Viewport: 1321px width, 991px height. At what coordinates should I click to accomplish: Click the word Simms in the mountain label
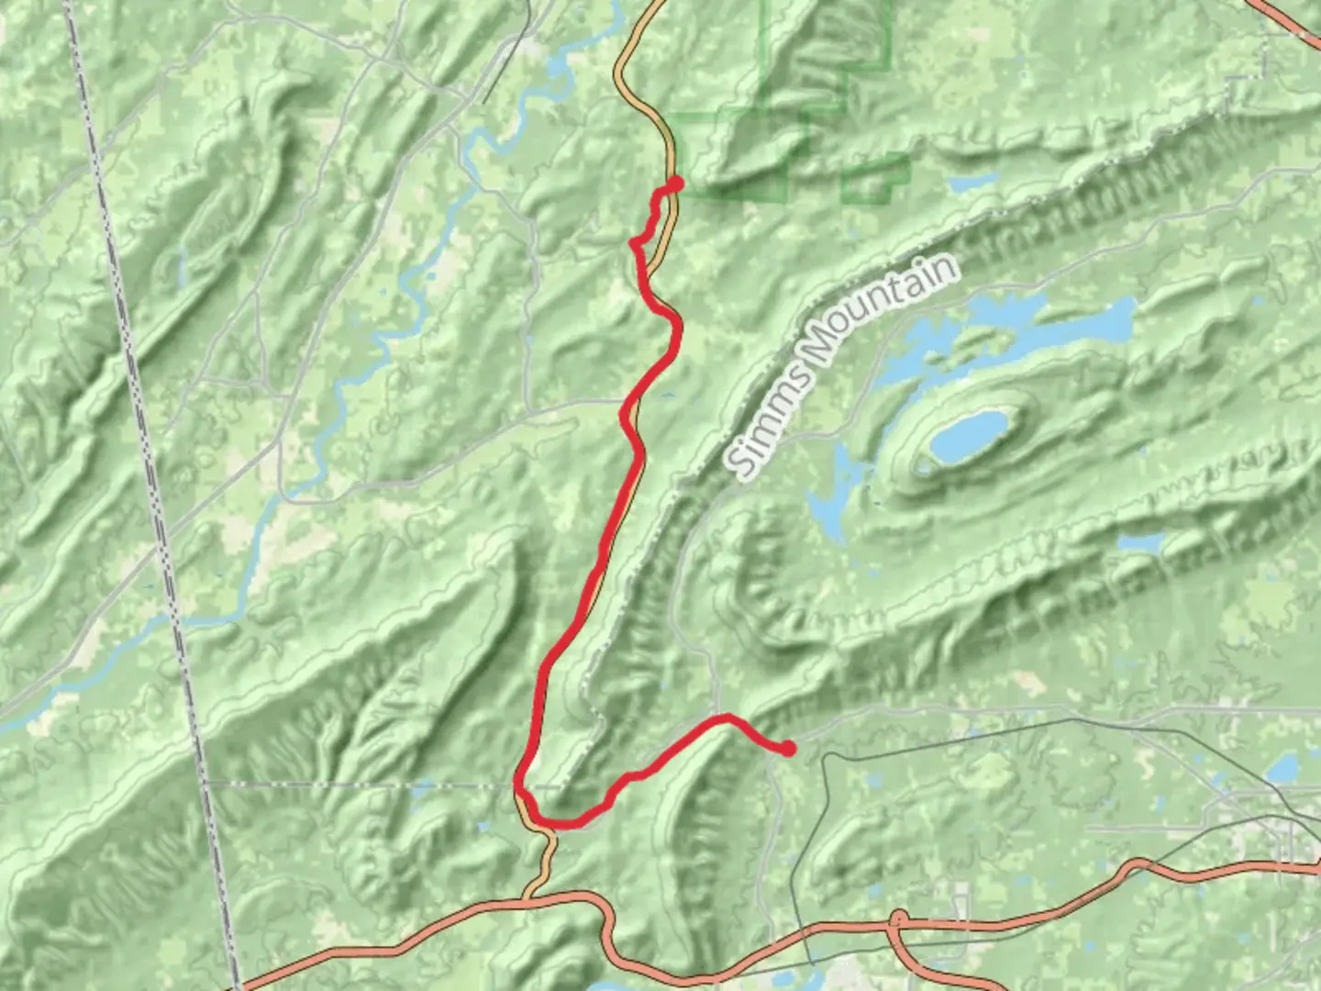click(x=769, y=417)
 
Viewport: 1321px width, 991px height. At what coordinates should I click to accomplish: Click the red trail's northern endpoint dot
click(x=676, y=184)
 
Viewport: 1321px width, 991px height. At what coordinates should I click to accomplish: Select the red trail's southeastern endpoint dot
click(x=787, y=750)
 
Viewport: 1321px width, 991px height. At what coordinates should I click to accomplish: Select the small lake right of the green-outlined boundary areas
click(x=972, y=183)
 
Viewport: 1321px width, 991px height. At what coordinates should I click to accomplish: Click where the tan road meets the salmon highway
click(x=527, y=897)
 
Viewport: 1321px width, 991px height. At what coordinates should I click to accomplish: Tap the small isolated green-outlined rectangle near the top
click(x=875, y=179)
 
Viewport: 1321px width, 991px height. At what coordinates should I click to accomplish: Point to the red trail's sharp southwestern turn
click(x=520, y=789)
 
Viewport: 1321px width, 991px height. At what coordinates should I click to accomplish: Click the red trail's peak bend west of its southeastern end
click(x=727, y=716)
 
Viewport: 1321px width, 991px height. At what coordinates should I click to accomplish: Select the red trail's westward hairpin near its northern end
click(x=634, y=242)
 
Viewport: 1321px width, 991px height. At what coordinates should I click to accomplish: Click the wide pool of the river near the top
click(x=558, y=67)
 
